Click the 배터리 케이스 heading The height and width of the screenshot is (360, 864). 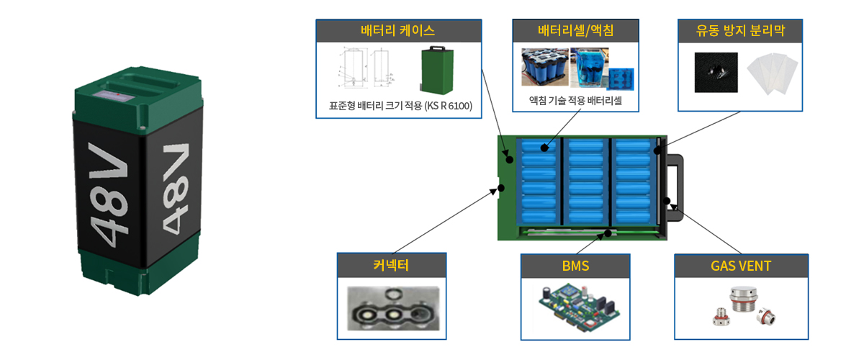tap(398, 31)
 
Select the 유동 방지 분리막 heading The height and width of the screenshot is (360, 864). tap(740, 31)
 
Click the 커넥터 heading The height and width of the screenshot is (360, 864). tap(392, 265)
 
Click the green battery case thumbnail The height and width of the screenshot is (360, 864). tap(437, 71)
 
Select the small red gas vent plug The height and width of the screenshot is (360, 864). tap(719, 318)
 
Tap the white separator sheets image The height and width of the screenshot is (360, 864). tap(772, 73)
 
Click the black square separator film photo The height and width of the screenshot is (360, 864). tap(716, 72)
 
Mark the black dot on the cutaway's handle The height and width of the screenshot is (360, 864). tap(667, 201)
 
